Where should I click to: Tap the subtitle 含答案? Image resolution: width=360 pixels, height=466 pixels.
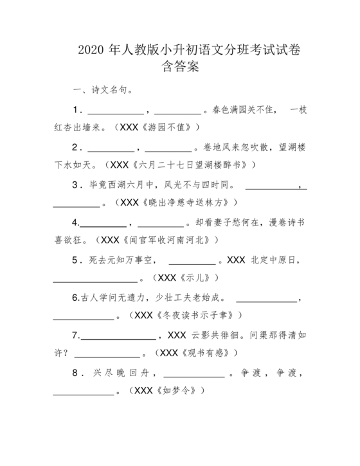tap(179, 66)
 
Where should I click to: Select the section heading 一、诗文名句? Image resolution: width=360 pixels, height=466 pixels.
tap(104, 90)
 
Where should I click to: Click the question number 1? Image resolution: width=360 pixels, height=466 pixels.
tap(75, 109)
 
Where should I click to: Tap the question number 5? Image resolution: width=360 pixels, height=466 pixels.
tap(75, 260)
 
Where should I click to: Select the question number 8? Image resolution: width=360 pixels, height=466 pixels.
tap(75, 373)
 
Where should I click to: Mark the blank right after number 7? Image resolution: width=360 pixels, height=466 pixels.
tap(118, 336)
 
